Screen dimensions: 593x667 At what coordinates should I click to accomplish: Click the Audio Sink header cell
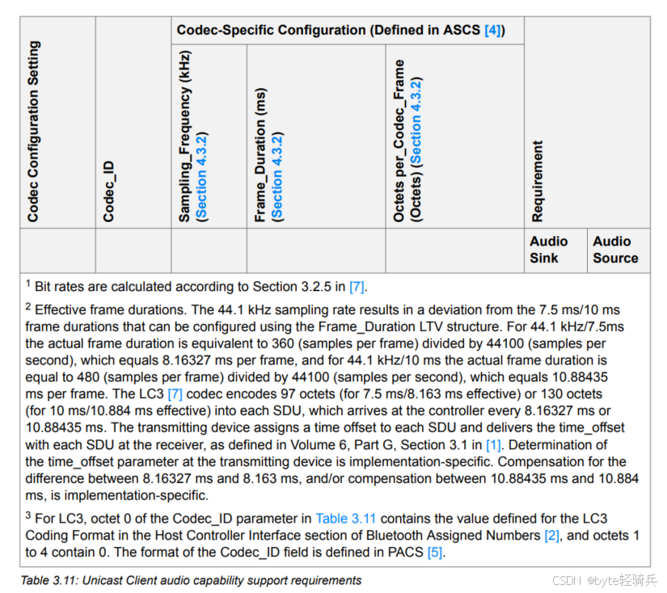549,250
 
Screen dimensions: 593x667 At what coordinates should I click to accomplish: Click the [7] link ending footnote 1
357,286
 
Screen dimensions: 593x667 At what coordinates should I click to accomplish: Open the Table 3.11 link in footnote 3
345,519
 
